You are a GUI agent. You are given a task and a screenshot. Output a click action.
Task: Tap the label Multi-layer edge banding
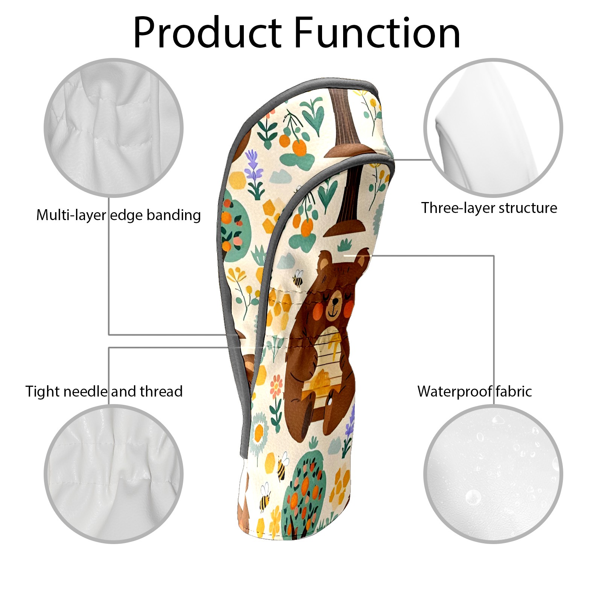click(118, 215)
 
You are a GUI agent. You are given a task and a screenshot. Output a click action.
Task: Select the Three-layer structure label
click(489, 208)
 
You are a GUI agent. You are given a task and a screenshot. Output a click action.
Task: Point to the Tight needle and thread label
click(104, 391)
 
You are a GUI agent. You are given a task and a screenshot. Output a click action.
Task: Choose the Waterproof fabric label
click(474, 391)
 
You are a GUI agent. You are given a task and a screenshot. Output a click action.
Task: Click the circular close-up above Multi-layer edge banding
click(114, 128)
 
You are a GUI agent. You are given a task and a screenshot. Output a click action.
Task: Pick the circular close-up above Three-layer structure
click(493, 128)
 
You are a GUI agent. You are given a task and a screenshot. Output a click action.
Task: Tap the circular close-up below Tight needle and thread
click(114, 474)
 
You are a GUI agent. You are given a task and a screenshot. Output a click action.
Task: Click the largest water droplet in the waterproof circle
click(473, 497)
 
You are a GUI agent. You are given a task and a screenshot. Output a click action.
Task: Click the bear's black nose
click(334, 301)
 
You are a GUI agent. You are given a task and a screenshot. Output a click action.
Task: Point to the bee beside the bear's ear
click(298, 278)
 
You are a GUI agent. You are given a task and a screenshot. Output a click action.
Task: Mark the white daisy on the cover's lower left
click(259, 433)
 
